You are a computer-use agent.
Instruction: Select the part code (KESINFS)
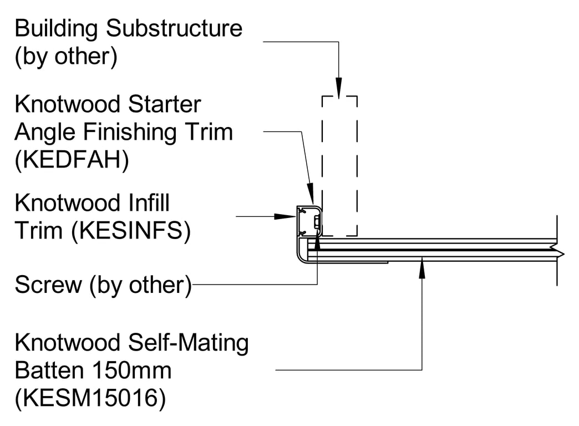[x=131, y=231]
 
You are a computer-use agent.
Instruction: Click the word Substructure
[x=174, y=28]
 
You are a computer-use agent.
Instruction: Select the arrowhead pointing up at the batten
[x=422, y=268]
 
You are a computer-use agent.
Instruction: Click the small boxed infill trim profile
[x=309, y=221]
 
